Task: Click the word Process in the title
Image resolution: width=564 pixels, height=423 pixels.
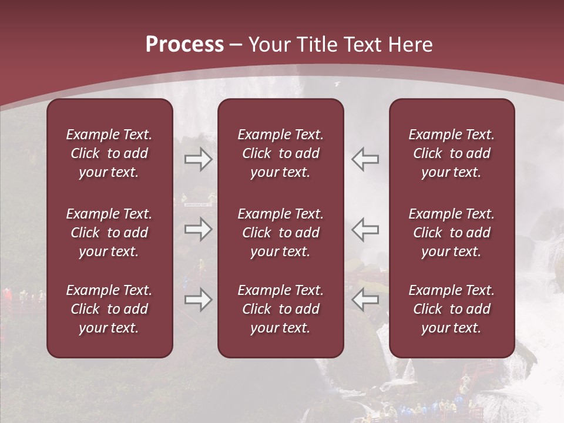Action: [184, 45]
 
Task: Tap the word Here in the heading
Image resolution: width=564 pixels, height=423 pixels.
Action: [410, 45]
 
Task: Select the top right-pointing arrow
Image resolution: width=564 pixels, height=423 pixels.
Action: [199, 159]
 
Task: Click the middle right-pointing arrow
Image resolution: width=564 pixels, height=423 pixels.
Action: [199, 229]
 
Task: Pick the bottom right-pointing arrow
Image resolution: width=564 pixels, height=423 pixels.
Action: [199, 300]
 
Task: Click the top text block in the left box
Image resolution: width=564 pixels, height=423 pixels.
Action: [109, 153]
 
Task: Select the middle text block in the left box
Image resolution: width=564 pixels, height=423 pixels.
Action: [109, 233]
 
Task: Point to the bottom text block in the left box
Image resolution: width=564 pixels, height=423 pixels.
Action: [109, 309]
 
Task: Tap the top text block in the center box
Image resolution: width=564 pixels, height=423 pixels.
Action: [280, 153]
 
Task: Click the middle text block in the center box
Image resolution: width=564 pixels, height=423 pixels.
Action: [280, 233]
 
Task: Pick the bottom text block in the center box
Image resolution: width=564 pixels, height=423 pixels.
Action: [280, 309]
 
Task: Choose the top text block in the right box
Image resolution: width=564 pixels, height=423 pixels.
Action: [451, 153]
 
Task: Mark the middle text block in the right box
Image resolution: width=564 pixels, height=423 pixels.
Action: [451, 233]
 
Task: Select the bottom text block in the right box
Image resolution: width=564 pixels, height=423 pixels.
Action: [451, 309]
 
